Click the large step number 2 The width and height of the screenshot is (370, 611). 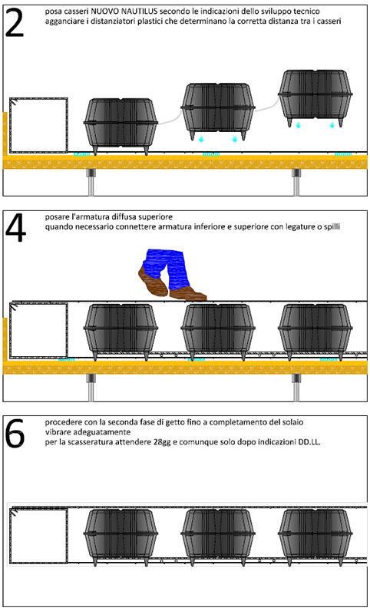(15, 23)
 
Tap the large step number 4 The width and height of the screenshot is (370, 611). (15, 229)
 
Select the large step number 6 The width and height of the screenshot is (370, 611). (15, 434)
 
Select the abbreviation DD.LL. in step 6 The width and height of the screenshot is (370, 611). (309, 442)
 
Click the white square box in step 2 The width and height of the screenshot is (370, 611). (38, 125)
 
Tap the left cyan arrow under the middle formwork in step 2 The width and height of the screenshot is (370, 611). (201, 139)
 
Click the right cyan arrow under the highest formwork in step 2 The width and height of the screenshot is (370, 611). (332, 125)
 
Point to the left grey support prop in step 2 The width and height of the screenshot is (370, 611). (91, 182)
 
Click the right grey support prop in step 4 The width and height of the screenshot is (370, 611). (297, 387)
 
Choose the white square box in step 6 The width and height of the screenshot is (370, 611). (38, 536)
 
